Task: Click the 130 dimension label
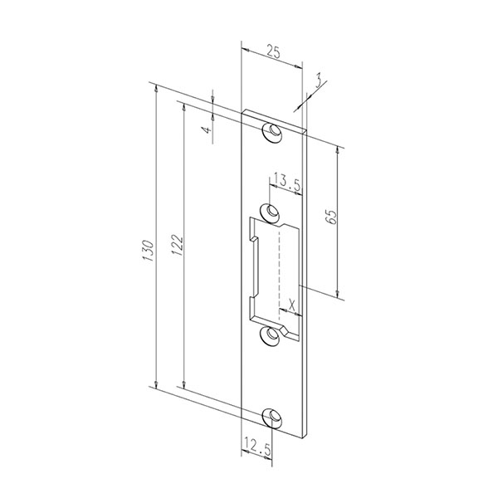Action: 149,251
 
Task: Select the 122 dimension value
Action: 177,246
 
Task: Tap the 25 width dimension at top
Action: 273,51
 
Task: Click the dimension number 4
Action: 207,129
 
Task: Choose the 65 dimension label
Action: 331,217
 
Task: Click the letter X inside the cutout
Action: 292,306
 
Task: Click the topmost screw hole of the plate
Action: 272,132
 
